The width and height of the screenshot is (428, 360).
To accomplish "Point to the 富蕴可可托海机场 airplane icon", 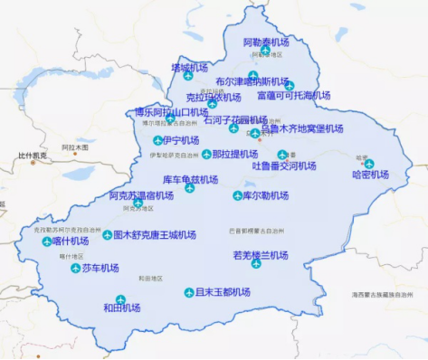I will click(x=290, y=86).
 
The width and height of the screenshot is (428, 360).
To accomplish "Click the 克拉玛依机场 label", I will click(x=213, y=97).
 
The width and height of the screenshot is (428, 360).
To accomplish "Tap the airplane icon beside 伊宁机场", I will click(x=158, y=140).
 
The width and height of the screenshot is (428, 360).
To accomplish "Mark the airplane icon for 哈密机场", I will click(x=369, y=164).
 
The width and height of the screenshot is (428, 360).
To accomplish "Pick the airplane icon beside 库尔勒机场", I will click(x=235, y=195).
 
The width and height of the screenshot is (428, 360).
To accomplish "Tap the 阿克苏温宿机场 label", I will click(x=141, y=194).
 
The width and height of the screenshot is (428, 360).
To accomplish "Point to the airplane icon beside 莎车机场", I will click(x=75, y=268).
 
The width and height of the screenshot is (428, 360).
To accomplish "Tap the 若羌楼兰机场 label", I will click(x=261, y=255).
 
